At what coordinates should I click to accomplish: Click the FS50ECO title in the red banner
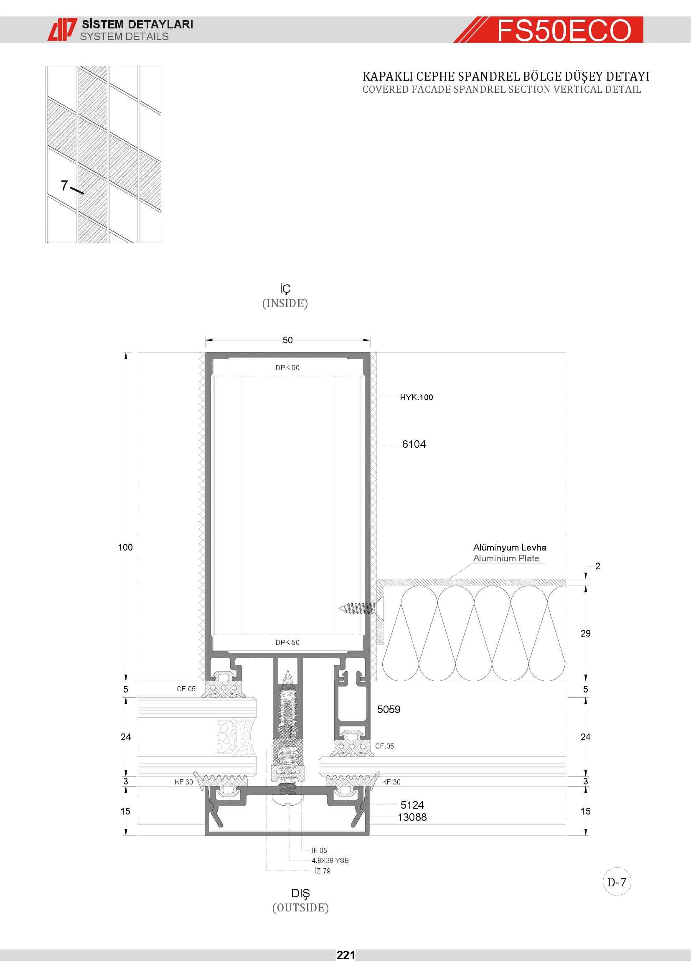point(564,30)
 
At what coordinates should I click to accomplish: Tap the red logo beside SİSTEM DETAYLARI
point(62,29)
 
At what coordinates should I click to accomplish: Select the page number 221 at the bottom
point(345,955)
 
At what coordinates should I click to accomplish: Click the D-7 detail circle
point(617,882)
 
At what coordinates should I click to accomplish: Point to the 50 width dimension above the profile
point(287,340)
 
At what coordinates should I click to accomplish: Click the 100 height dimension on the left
point(125,547)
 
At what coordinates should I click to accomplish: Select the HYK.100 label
point(416,397)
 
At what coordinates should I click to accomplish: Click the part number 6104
point(414,444)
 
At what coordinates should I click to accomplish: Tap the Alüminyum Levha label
point(509,547)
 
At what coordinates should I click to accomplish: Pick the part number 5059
point(389,709)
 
